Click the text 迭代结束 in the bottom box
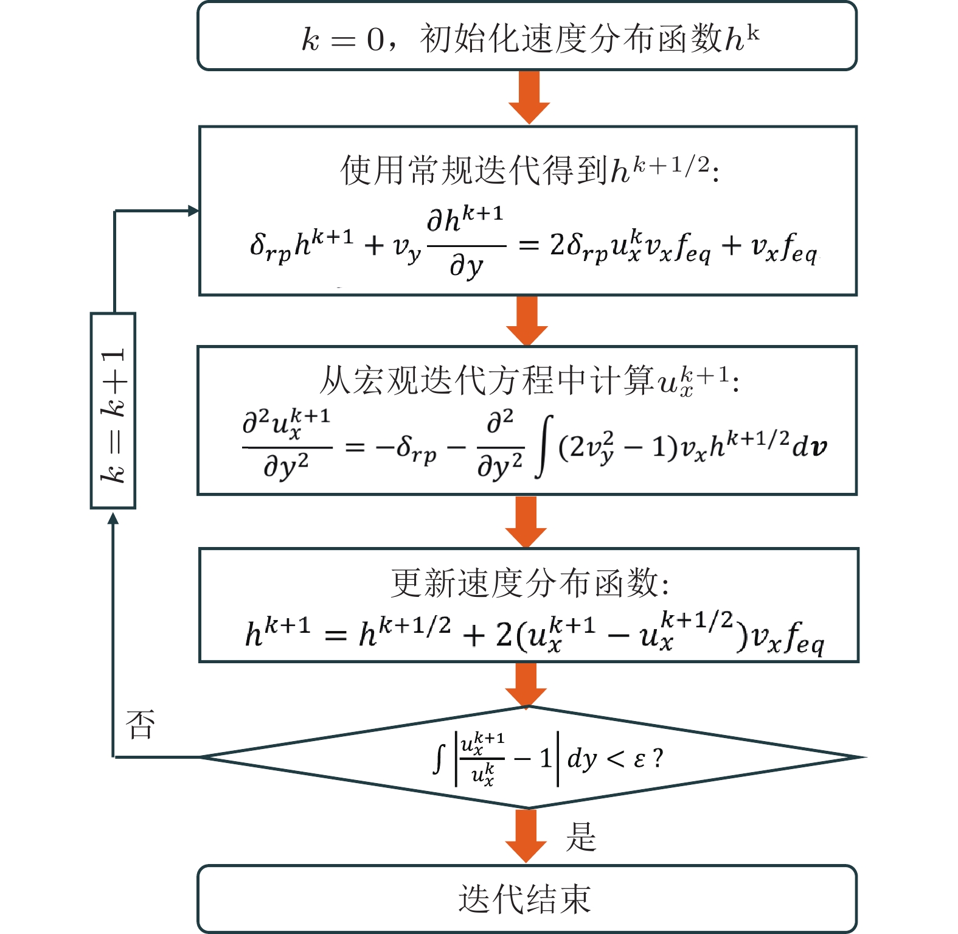(525, 899)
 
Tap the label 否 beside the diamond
(141, 724)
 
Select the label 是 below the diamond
(581, 837)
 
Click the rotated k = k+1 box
(113, 411)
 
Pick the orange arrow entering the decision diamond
(526, 684)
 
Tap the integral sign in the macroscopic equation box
(544, 446)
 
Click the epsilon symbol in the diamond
(639, 759)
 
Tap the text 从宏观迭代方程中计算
(487, 381)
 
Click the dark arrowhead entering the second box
(193, 211)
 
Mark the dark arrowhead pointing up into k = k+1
(113, 518)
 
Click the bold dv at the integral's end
(810, 447)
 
